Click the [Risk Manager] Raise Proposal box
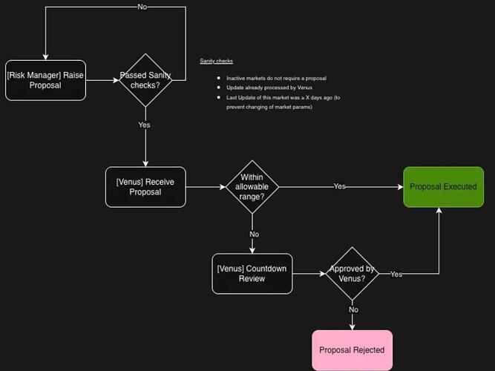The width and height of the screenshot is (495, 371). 45,80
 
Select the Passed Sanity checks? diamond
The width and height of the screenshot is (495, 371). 145,80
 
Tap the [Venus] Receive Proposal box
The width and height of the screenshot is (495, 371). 145,187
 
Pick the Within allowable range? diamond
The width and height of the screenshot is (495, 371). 252,186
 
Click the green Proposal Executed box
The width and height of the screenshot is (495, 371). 443,186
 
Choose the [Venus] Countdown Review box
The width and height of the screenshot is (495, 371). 252,273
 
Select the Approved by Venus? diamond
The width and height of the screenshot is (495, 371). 353,273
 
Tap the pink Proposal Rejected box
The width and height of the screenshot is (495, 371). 352,350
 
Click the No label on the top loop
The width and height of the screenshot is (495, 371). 142,7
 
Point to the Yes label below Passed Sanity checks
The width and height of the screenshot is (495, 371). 144,125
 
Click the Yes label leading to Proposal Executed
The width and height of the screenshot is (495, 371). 339,186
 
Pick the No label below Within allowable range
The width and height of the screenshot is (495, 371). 254,234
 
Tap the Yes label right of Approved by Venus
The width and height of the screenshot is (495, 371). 396,274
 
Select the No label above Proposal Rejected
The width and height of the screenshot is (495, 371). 353,309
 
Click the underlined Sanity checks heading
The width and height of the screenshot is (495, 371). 216,61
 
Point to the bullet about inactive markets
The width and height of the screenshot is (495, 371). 276,78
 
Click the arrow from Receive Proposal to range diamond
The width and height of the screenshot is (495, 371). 206,187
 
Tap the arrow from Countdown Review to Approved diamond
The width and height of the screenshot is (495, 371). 309,274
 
